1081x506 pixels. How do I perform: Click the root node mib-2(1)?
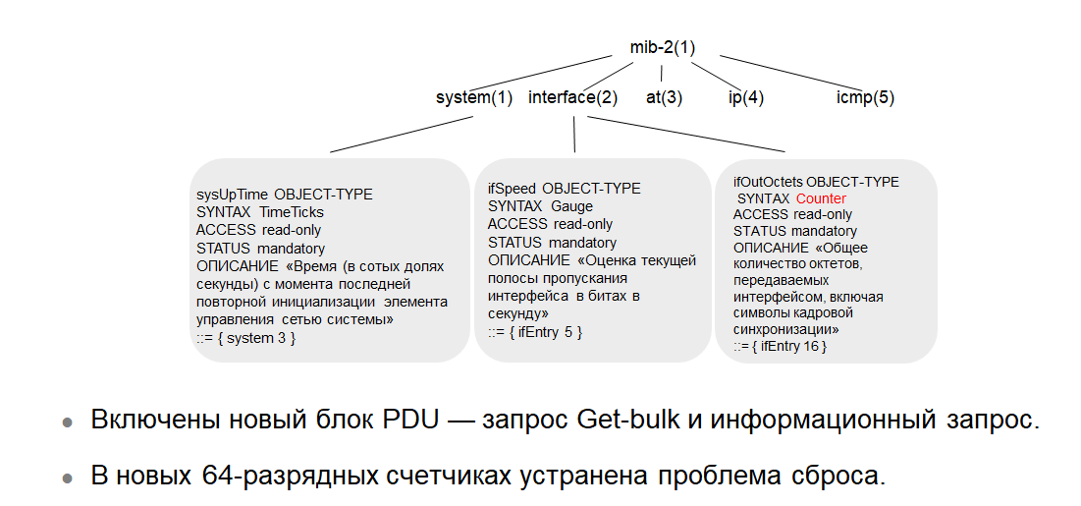point(663,47)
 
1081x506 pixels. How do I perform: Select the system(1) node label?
point(474,97)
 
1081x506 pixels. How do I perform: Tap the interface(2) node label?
point(572,97)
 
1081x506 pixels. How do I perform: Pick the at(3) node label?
point(664,97)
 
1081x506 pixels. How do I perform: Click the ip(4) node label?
point(745,97)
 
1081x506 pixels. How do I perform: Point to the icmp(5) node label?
point(865,97)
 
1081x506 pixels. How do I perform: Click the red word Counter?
point(821,198)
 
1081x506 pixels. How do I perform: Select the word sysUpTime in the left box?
point(233,195)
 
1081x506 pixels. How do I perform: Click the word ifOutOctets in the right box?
point(768,182)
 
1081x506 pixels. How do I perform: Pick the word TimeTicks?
point(292,212)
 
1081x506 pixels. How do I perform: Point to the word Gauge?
point(571,206)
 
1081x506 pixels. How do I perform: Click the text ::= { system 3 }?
point(245,338)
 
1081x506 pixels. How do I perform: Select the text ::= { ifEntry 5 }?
point(535,332)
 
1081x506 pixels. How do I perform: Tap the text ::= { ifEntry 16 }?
point(780,347)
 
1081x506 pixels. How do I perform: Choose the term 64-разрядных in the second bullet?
point(262,477)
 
